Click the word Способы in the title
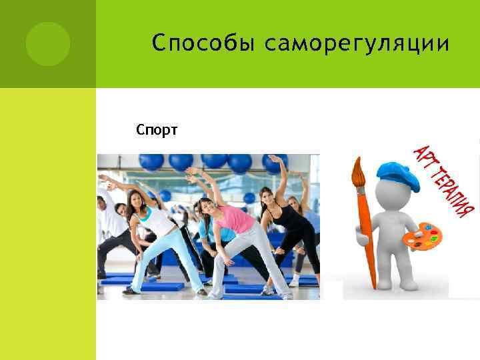tap(203, 44)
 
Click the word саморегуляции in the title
tap(357, 44)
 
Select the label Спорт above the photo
tap(156, 129)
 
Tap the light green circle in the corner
tap(47, 44)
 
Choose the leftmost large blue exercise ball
tap(151, 162)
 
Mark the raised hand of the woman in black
tap(273, 159)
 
